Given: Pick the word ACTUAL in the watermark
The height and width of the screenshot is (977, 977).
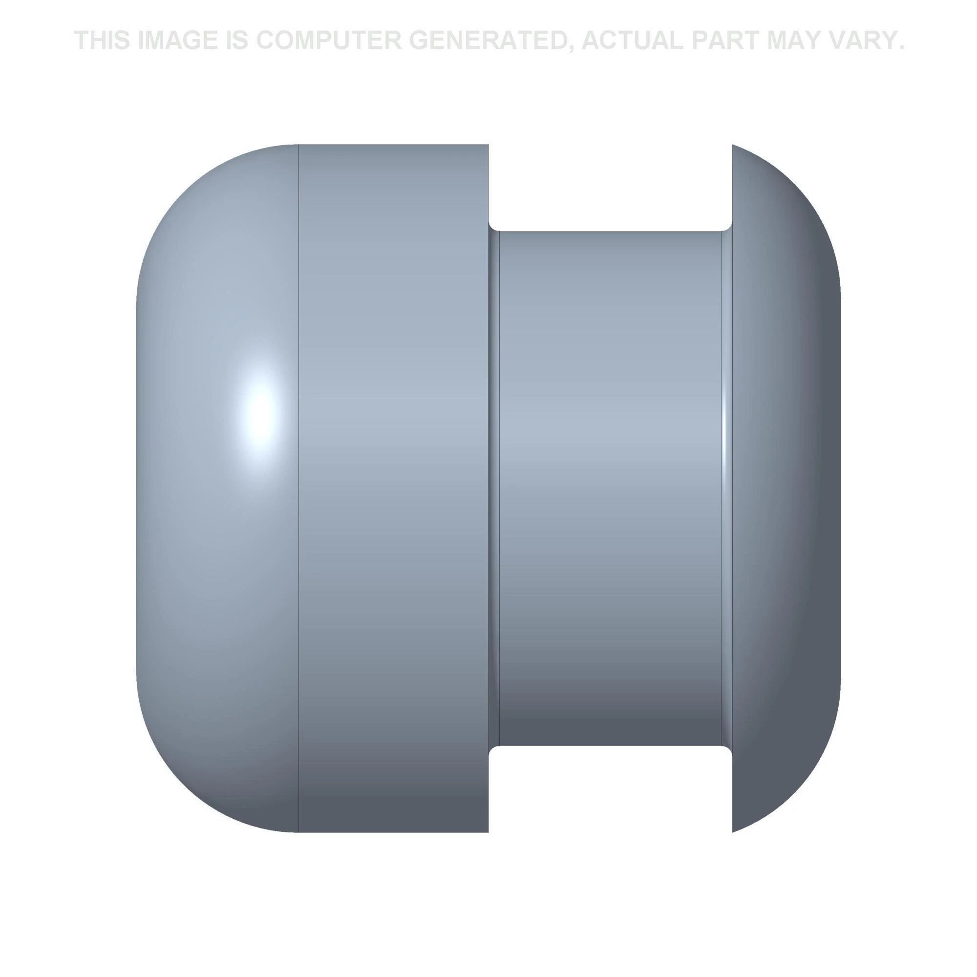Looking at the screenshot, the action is (632, 41).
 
